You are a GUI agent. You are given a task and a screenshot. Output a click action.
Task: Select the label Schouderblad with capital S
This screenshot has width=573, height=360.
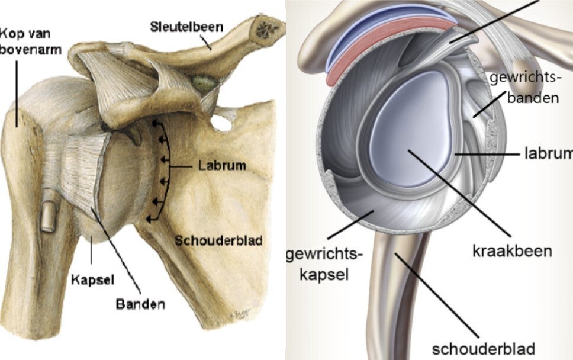(x=219, y=240)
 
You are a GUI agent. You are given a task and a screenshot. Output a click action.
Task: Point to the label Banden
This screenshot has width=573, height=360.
(x=141, y=305)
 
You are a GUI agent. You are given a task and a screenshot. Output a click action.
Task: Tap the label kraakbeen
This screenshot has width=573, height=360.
(x=511, y=250)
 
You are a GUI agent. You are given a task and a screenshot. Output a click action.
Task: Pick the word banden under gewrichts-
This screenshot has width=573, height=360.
(x=533, y=98)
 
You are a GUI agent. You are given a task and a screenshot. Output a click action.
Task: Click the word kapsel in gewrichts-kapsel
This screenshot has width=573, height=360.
(x=323, y=275)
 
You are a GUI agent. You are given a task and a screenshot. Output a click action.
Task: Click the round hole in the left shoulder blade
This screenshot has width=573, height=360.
(x=222, y=124)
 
